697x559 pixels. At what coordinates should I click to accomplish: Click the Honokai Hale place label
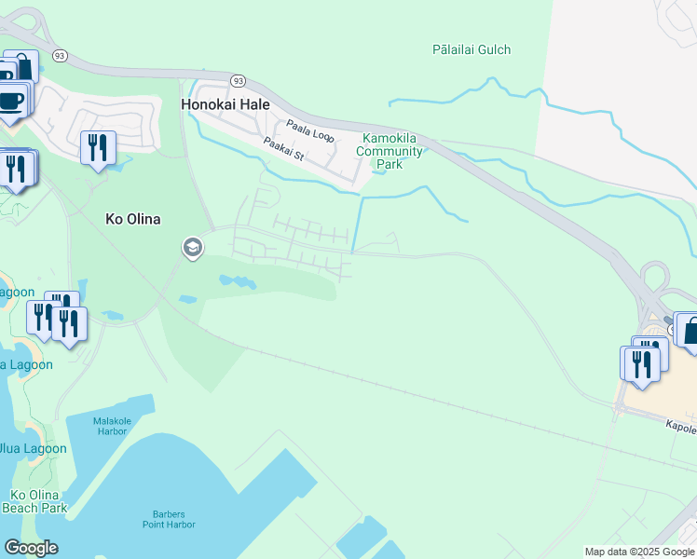point(225,105)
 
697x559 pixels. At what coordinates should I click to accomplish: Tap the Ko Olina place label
point(132,219)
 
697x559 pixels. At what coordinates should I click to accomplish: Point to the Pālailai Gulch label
point(471,49)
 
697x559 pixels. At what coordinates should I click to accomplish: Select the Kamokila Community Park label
point(392,152)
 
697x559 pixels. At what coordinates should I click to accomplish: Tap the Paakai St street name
point(283,149)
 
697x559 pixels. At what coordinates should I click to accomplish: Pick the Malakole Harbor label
point(116,427)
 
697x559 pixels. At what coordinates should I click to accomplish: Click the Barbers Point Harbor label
point(170,519)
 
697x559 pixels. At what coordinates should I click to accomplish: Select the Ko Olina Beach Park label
point(34,501)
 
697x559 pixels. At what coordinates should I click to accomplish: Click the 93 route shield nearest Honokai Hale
point(238,81)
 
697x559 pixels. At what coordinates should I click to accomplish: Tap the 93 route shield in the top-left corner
point(61,56)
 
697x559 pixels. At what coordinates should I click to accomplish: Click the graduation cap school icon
point(193,248)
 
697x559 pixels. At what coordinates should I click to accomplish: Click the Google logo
point(31,548)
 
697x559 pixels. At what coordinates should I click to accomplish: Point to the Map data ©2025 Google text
point(640,552)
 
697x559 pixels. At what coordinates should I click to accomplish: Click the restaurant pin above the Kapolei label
point(641,362)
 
